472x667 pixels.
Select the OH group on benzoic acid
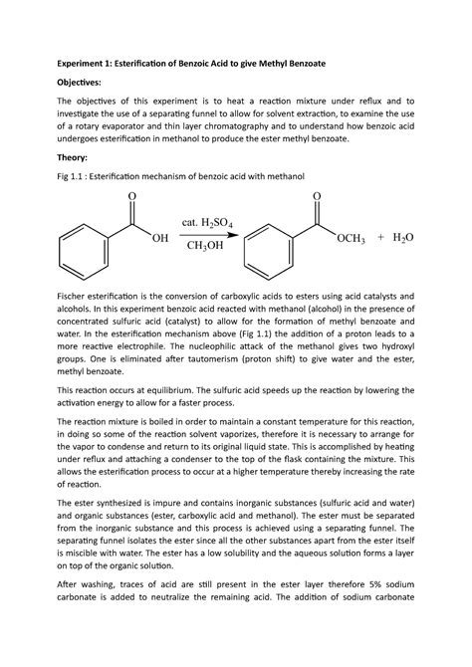(158, 239)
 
